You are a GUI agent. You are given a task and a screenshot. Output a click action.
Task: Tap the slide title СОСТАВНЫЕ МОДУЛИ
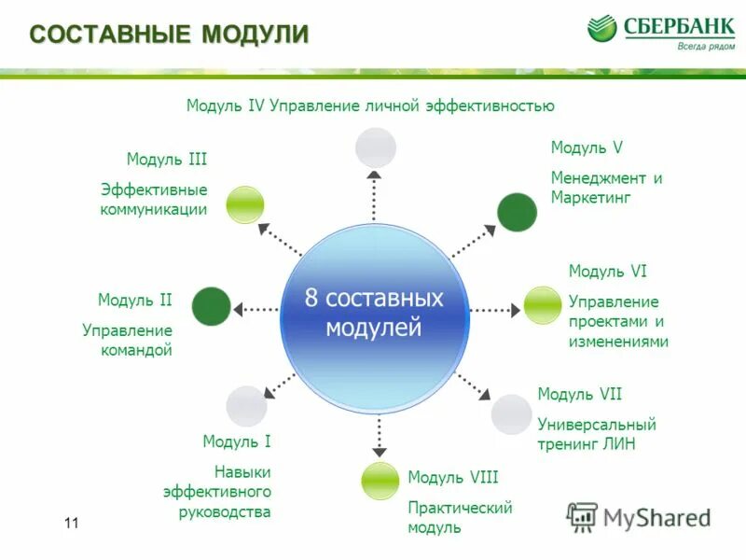pos(169,35)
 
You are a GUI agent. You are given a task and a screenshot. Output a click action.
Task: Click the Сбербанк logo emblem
pos(602,28)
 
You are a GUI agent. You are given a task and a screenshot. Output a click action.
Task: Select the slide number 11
pos(72,524)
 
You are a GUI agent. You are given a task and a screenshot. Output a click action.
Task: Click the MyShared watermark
pos(639,516)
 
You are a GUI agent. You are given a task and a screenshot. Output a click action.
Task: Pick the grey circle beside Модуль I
pos(246,406)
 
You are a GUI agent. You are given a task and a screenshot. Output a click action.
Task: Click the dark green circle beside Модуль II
pos(212,306)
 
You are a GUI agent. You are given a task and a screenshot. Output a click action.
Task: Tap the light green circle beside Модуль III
pos(245,204)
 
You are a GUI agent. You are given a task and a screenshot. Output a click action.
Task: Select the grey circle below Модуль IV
pos(376,147)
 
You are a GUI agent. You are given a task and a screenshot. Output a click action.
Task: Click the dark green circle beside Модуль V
pos(516,212)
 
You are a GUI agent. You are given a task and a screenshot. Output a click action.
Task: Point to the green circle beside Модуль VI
pos(542,305)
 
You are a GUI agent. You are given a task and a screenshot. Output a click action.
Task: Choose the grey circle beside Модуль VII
pos(511,413)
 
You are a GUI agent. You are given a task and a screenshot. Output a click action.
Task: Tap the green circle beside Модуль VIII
pos(380,481)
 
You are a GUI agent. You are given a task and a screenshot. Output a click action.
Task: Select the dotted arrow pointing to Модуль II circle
pos(256,308)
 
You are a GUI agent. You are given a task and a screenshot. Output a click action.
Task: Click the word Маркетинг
pos(590,198)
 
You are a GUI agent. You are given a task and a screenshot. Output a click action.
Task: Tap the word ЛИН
pos(620,444)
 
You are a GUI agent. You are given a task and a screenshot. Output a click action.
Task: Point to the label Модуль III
pos(167,160)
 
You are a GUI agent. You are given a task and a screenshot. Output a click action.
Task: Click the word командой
pos(141,351)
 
